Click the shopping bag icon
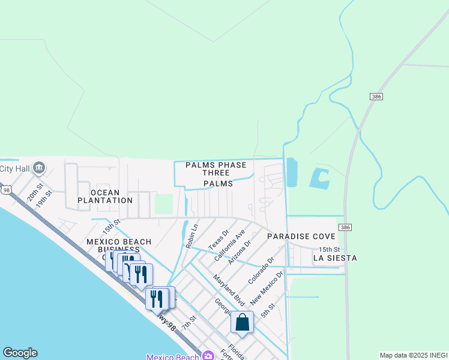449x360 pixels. tap(242, 322)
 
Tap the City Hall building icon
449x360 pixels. tap(40, 167)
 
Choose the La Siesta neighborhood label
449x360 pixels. tap(335, 258)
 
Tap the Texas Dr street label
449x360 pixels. tap(218, 239)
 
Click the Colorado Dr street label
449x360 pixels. tap(261, 271)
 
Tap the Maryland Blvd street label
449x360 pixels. tap(229, 289)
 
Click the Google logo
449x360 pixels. tap(20, 353)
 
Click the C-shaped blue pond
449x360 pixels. tap(319, 177)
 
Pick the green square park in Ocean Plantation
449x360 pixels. tap(163, 203)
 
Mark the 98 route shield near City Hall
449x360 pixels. tap(6, 190)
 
